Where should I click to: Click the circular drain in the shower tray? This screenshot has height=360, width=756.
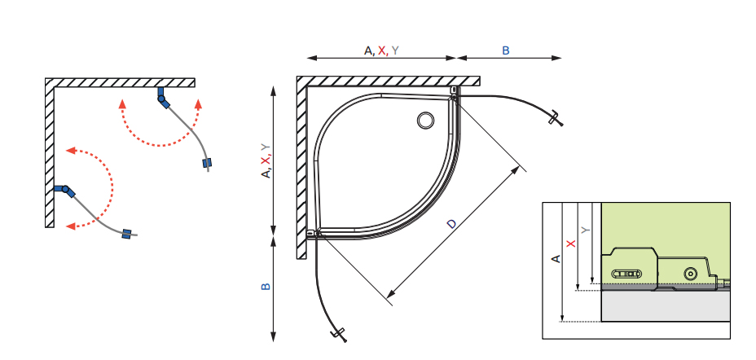(425, 121)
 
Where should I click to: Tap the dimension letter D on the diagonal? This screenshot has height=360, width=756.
(451, 224)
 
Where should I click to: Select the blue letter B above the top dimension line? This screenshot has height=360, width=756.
(506, 50)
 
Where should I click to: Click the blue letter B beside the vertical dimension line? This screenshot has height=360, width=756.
(266, 287)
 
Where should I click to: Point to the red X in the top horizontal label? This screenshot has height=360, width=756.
(382, 50)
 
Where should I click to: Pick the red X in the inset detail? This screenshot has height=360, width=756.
(571, 244)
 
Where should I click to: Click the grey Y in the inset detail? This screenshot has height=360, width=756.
(586, 230)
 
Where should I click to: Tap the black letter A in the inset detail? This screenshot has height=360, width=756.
(556, 259)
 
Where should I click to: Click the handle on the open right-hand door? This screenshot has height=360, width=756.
(556, 119)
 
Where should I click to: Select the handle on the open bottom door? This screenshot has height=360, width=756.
(338, 335)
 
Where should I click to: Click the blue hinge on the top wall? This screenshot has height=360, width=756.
(163, 98)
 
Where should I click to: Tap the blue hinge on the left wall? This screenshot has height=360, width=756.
(65, 191)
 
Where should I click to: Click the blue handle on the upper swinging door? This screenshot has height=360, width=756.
(207, 163)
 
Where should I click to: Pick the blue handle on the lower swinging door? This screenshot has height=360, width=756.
(127, 234)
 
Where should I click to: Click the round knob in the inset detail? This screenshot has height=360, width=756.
(691, 274)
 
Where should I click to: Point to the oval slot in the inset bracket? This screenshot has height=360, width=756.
(626, 274)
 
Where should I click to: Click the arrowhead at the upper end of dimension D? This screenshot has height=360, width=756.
(516, 170)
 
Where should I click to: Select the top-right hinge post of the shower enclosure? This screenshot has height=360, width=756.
(454, 94)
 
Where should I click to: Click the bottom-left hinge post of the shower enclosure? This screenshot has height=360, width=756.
(314, 234)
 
